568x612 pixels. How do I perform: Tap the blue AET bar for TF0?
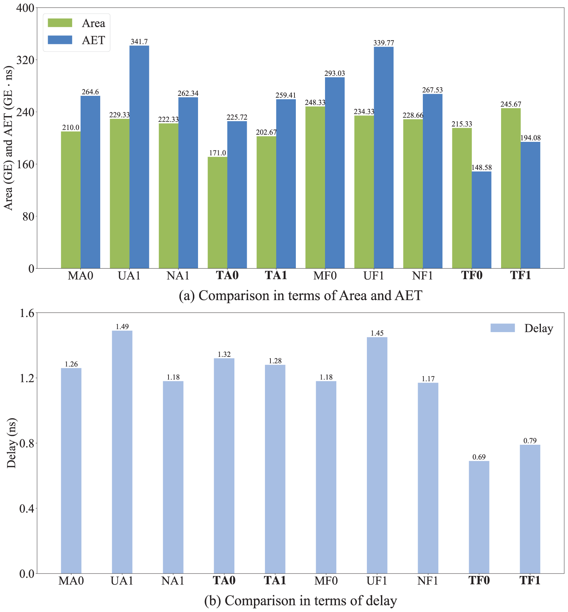coord(482,220)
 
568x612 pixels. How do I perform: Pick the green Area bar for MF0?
coord(315,187)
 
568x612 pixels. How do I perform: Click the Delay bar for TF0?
coord(479,517)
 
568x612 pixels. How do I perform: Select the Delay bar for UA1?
coord(122,452)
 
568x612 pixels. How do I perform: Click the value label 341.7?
coord(139,42)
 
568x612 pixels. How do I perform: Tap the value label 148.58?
coord(482,168)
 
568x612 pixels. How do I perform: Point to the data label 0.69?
coord(479,457)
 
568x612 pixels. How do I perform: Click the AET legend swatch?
coord(60,40)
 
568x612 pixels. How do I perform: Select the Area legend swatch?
coord(60,23)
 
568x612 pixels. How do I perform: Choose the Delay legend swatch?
coord(503,328)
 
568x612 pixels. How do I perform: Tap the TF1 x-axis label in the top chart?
coord(520,275)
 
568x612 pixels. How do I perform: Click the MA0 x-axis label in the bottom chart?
coord(71,581)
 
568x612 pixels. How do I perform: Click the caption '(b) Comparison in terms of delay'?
coord(300,601)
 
